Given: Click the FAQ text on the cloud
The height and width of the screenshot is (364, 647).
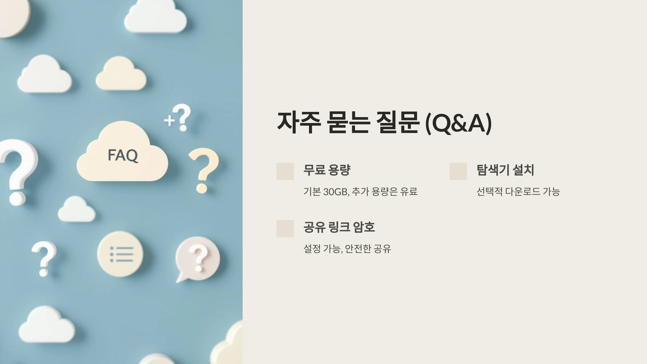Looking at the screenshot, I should tap(123, 155).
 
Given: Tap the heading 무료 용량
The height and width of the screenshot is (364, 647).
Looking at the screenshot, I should tap(327, 170).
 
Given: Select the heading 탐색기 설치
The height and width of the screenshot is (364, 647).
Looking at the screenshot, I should tap(505, 170).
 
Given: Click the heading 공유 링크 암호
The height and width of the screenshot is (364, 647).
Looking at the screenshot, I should tap(339, 227).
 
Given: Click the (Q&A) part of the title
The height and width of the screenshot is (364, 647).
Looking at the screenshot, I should tap(458, 123).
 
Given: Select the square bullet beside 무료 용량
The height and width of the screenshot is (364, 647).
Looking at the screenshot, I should tap(285, 171).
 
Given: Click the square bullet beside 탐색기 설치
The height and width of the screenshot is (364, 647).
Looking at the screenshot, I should tap(458, 171).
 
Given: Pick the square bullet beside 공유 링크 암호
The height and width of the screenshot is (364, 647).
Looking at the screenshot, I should tap(285, 228).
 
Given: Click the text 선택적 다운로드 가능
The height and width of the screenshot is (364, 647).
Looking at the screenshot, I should tap(518, 192).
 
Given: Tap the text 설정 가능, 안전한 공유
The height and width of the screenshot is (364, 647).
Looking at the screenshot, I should tap(347, 249).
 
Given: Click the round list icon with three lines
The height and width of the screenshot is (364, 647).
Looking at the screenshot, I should tap(120, 254).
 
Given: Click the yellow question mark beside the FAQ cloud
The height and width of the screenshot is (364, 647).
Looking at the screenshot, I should tap(204, 170).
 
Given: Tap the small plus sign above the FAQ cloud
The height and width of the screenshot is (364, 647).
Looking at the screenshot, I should tap(169, 120).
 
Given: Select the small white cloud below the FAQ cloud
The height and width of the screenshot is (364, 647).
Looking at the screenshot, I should tap(77, 210).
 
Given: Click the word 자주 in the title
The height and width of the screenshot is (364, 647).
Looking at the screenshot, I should tap(299, 123).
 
